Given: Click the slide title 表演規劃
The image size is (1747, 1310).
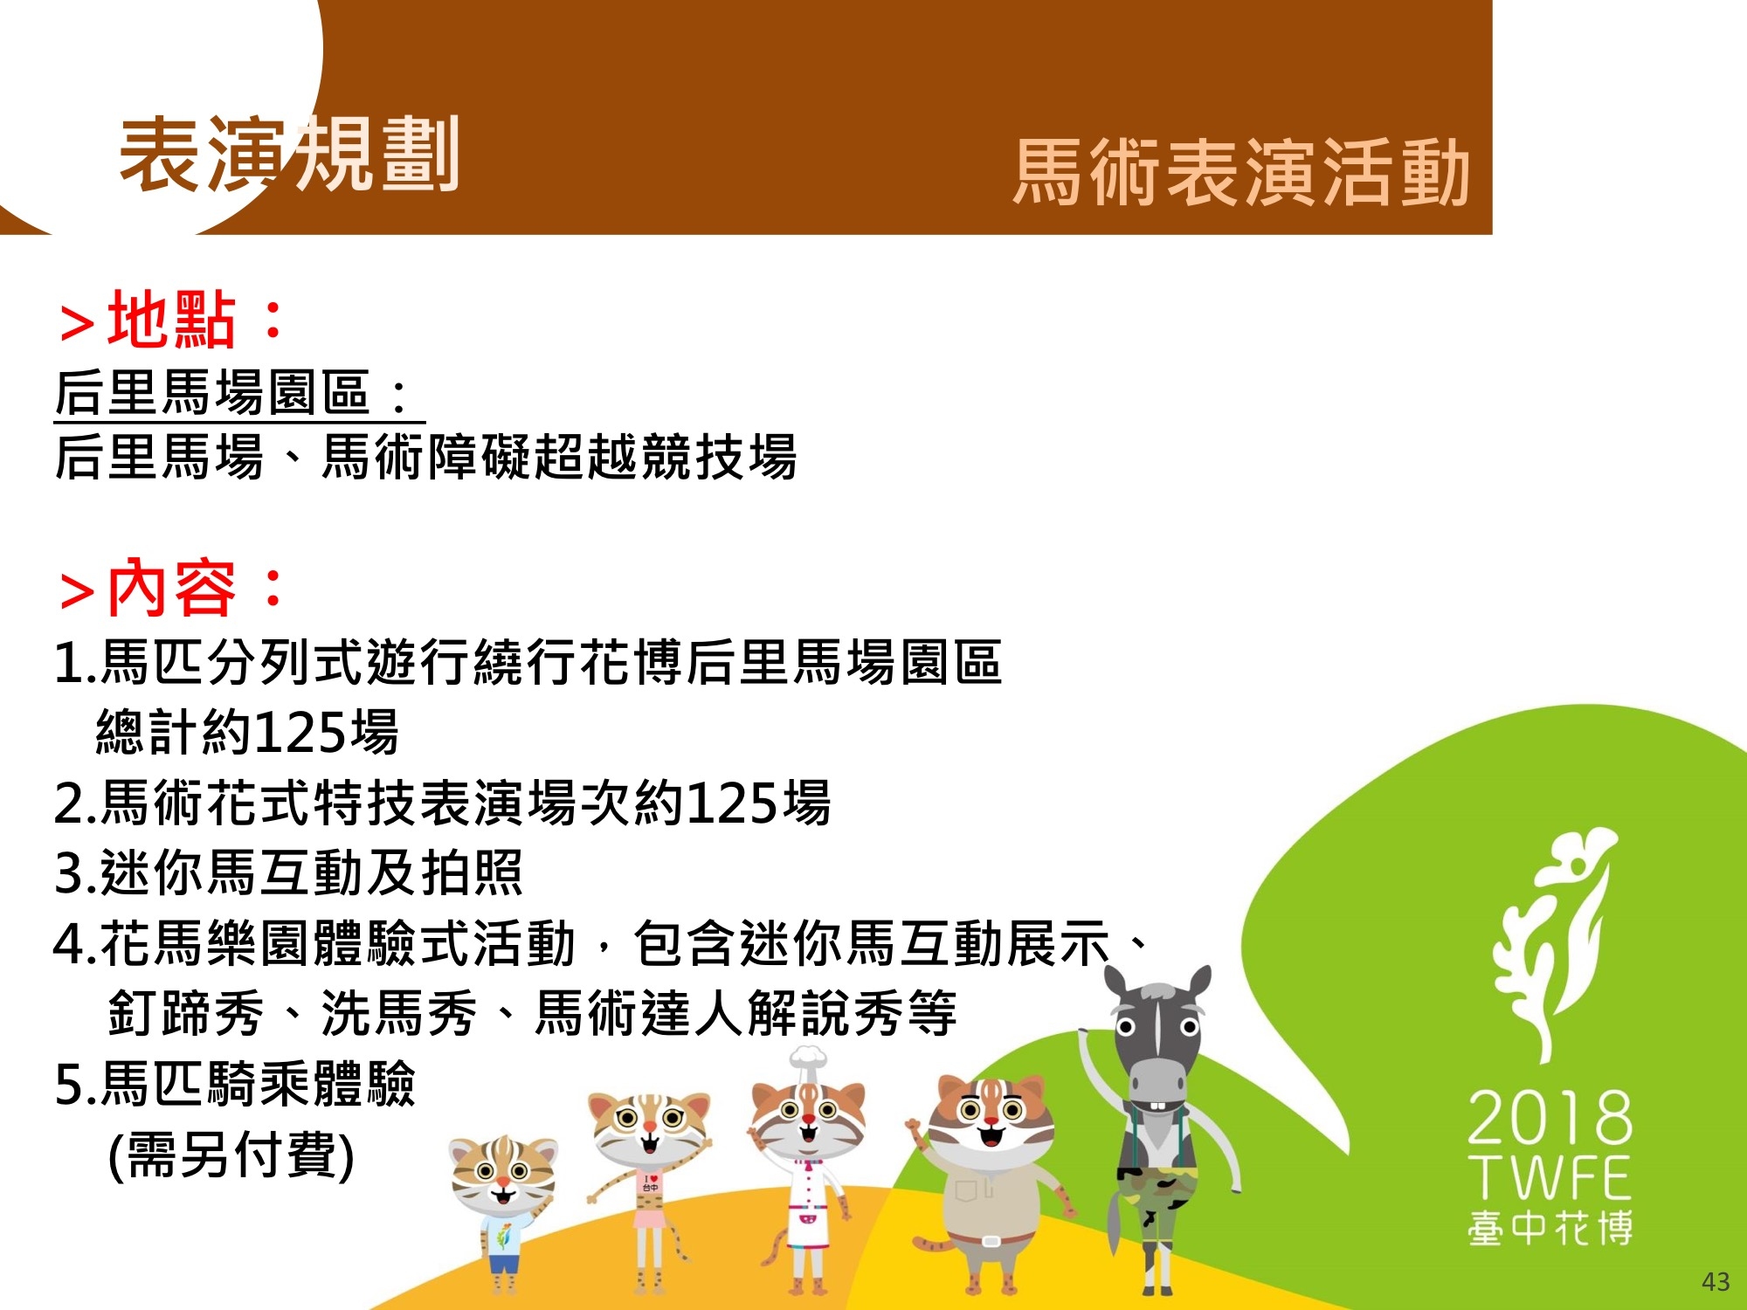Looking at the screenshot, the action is pos(290,155).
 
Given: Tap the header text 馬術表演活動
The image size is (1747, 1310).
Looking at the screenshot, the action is pos(1241,172).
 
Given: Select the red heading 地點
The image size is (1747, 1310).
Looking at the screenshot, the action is pos(172,319).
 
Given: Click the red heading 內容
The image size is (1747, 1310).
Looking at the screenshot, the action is pos(172,587).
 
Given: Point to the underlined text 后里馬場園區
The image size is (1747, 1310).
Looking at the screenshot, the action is pos(212,392).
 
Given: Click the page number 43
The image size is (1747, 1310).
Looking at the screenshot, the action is pos(1716,1282).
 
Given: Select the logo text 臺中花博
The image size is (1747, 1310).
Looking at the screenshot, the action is pos(1550,1227).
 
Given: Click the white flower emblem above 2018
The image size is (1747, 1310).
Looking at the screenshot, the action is pos(1550,943).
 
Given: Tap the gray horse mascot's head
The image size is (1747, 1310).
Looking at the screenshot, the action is pos(1157,1039).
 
